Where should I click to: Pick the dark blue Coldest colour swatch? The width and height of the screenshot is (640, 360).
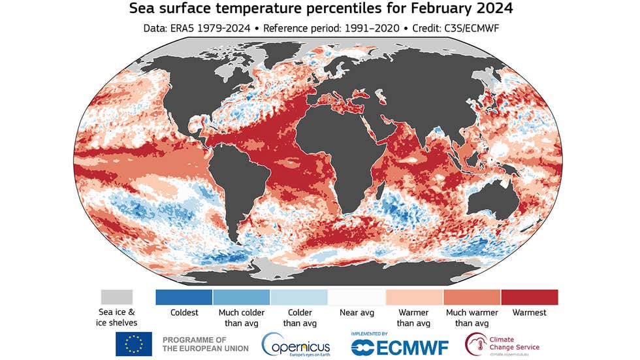(x=184, y=297)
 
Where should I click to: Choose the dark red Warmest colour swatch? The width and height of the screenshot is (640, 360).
(x=529, y=297)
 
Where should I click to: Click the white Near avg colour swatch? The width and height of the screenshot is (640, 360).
(x=357, y=297)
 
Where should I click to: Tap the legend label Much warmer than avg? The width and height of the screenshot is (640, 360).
(x=472, y=318)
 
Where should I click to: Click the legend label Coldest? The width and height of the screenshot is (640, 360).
(x=184, y=313)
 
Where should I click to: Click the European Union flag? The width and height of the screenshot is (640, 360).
(x=134, y=344)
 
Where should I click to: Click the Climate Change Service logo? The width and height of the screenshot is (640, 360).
(x=503, y=344)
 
